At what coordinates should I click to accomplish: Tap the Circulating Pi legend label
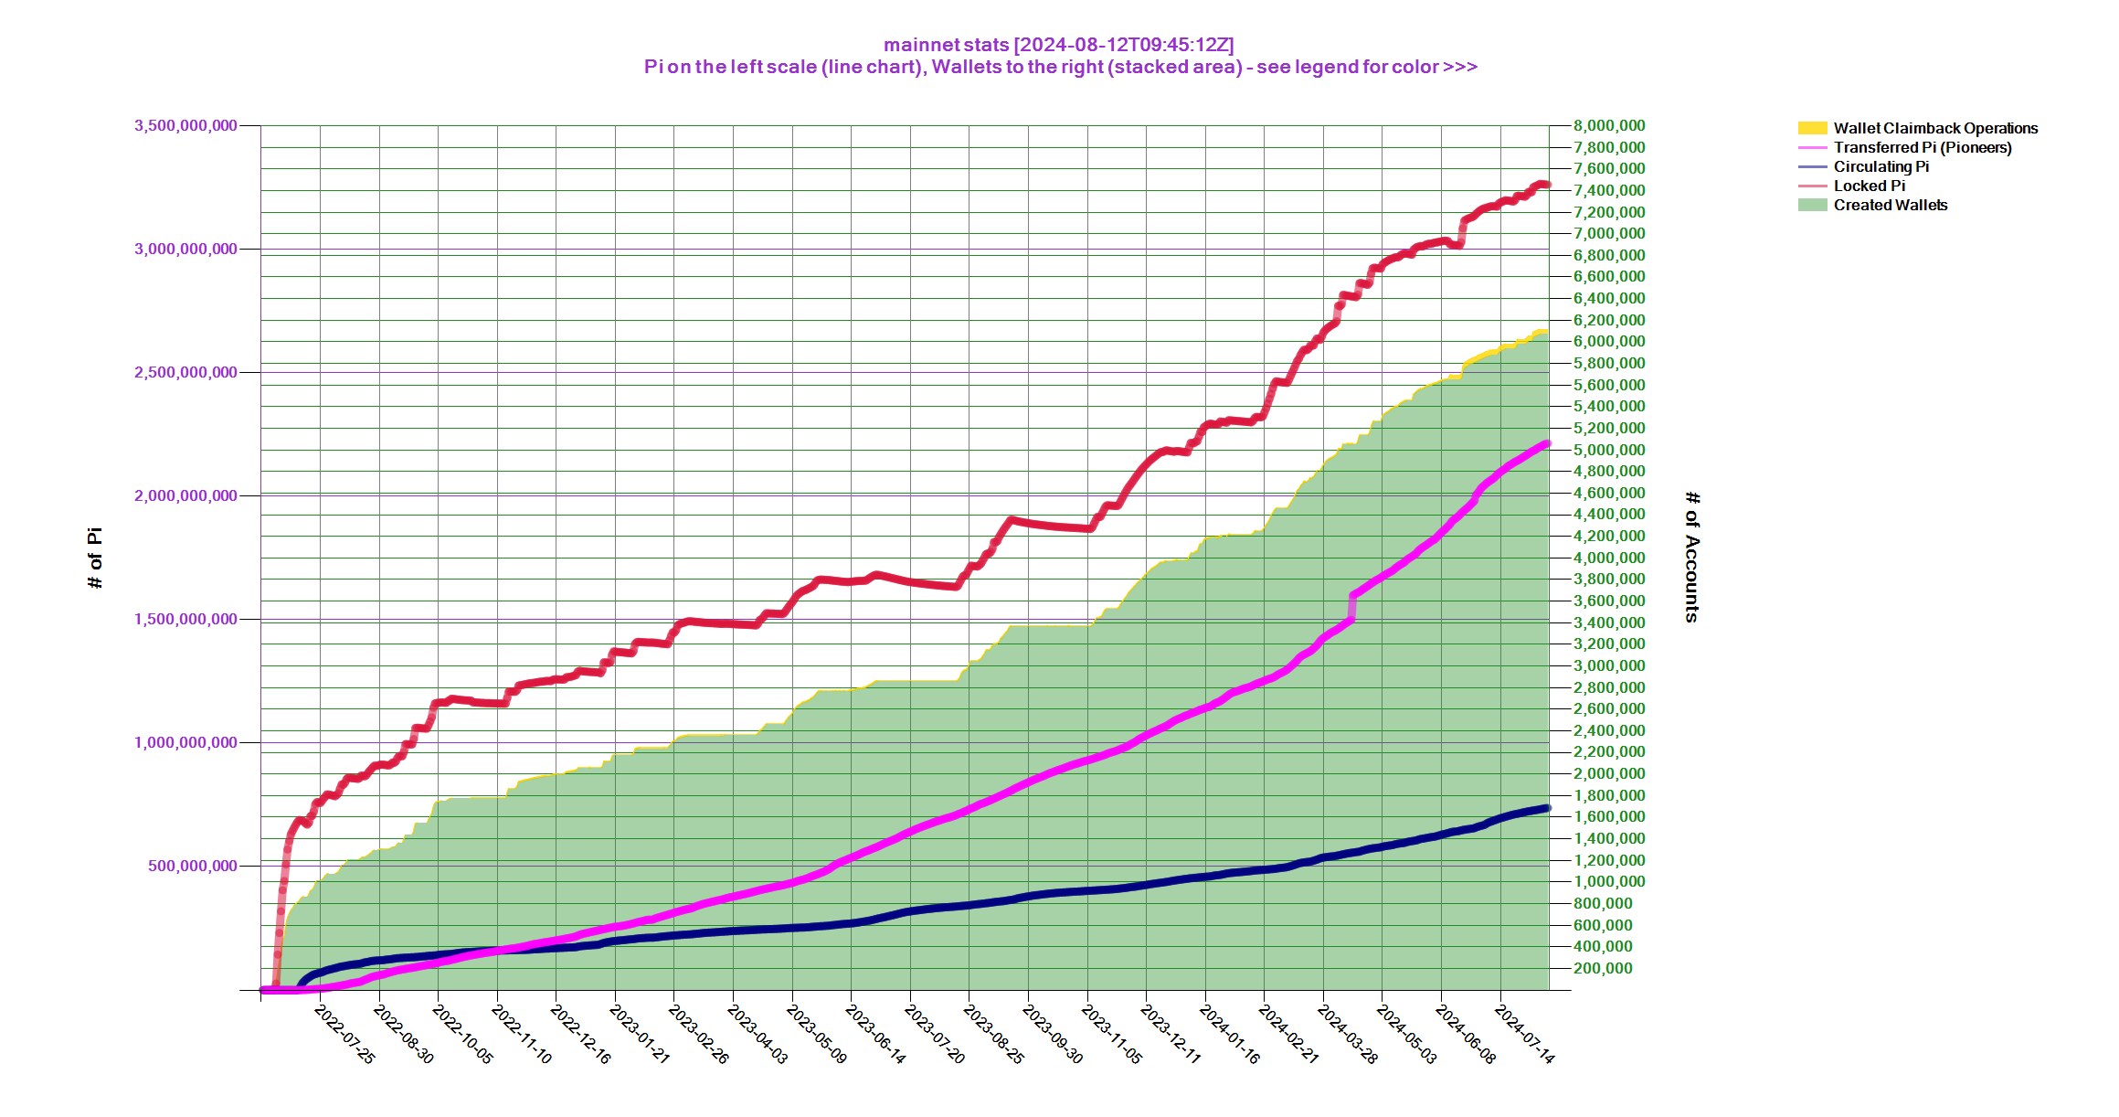pos(1881,166)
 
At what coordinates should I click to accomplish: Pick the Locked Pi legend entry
pos(1869,186)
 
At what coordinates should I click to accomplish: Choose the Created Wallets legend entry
pos(1890,205)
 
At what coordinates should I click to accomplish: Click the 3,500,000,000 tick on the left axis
pos(185,125)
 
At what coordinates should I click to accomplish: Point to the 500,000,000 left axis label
pos(193,866)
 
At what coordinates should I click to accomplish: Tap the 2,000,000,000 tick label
pos(185,495)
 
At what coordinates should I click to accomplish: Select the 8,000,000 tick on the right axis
pos(1608,125)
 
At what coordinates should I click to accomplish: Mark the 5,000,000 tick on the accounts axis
pos(1608,450)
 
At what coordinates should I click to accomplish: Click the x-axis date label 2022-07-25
pos(344,1035)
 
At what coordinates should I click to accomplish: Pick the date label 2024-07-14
pos(1523,1035)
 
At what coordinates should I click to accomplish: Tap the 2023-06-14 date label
pos(875,1035)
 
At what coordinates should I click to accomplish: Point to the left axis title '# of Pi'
pos(95,558)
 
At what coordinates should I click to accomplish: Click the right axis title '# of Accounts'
pos(1692,557)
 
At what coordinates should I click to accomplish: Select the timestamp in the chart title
pos(1124,45)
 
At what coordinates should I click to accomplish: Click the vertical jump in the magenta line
pos(1351,608)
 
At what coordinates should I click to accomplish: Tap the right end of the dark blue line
pos(1547,808)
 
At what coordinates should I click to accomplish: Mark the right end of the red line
pos(1547,185)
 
